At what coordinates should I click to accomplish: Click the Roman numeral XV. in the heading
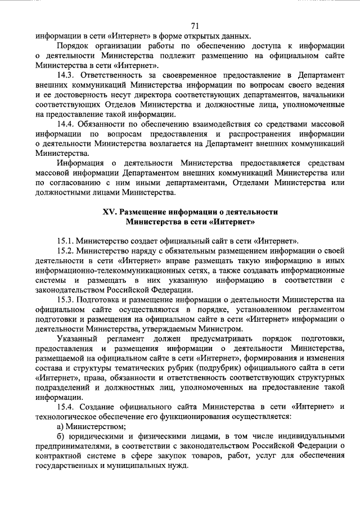[110, 212]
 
